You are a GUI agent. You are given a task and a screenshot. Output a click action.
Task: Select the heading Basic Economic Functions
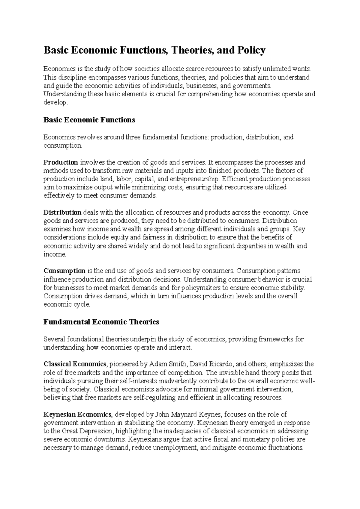[x=89, y=120]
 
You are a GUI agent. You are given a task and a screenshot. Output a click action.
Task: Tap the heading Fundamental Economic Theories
[x=101, y=322]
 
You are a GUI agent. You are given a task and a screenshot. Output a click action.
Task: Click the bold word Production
[x=61, y=162]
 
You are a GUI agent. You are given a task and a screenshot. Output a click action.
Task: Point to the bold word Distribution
[x=62, y=212]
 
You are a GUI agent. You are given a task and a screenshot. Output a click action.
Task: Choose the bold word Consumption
[x=64, y=271]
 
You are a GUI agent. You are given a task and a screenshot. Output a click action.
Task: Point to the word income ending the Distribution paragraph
[x=54, y=254]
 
